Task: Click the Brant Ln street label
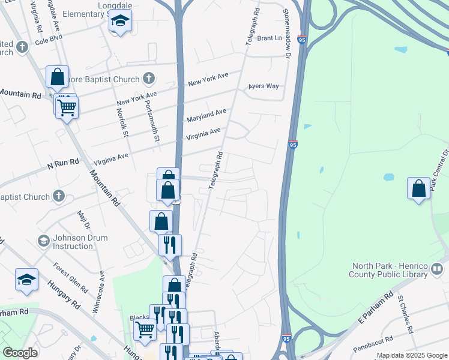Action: [x=270, y=38]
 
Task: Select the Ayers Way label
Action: [x=264, y=86]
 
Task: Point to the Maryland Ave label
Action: [x=206, y=115]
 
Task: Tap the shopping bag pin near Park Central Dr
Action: [x=419, y=188]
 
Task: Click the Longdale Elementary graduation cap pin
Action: [x=120, y=22]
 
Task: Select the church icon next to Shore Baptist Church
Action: [x=149, y=79]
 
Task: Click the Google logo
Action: [x=20, y=353]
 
